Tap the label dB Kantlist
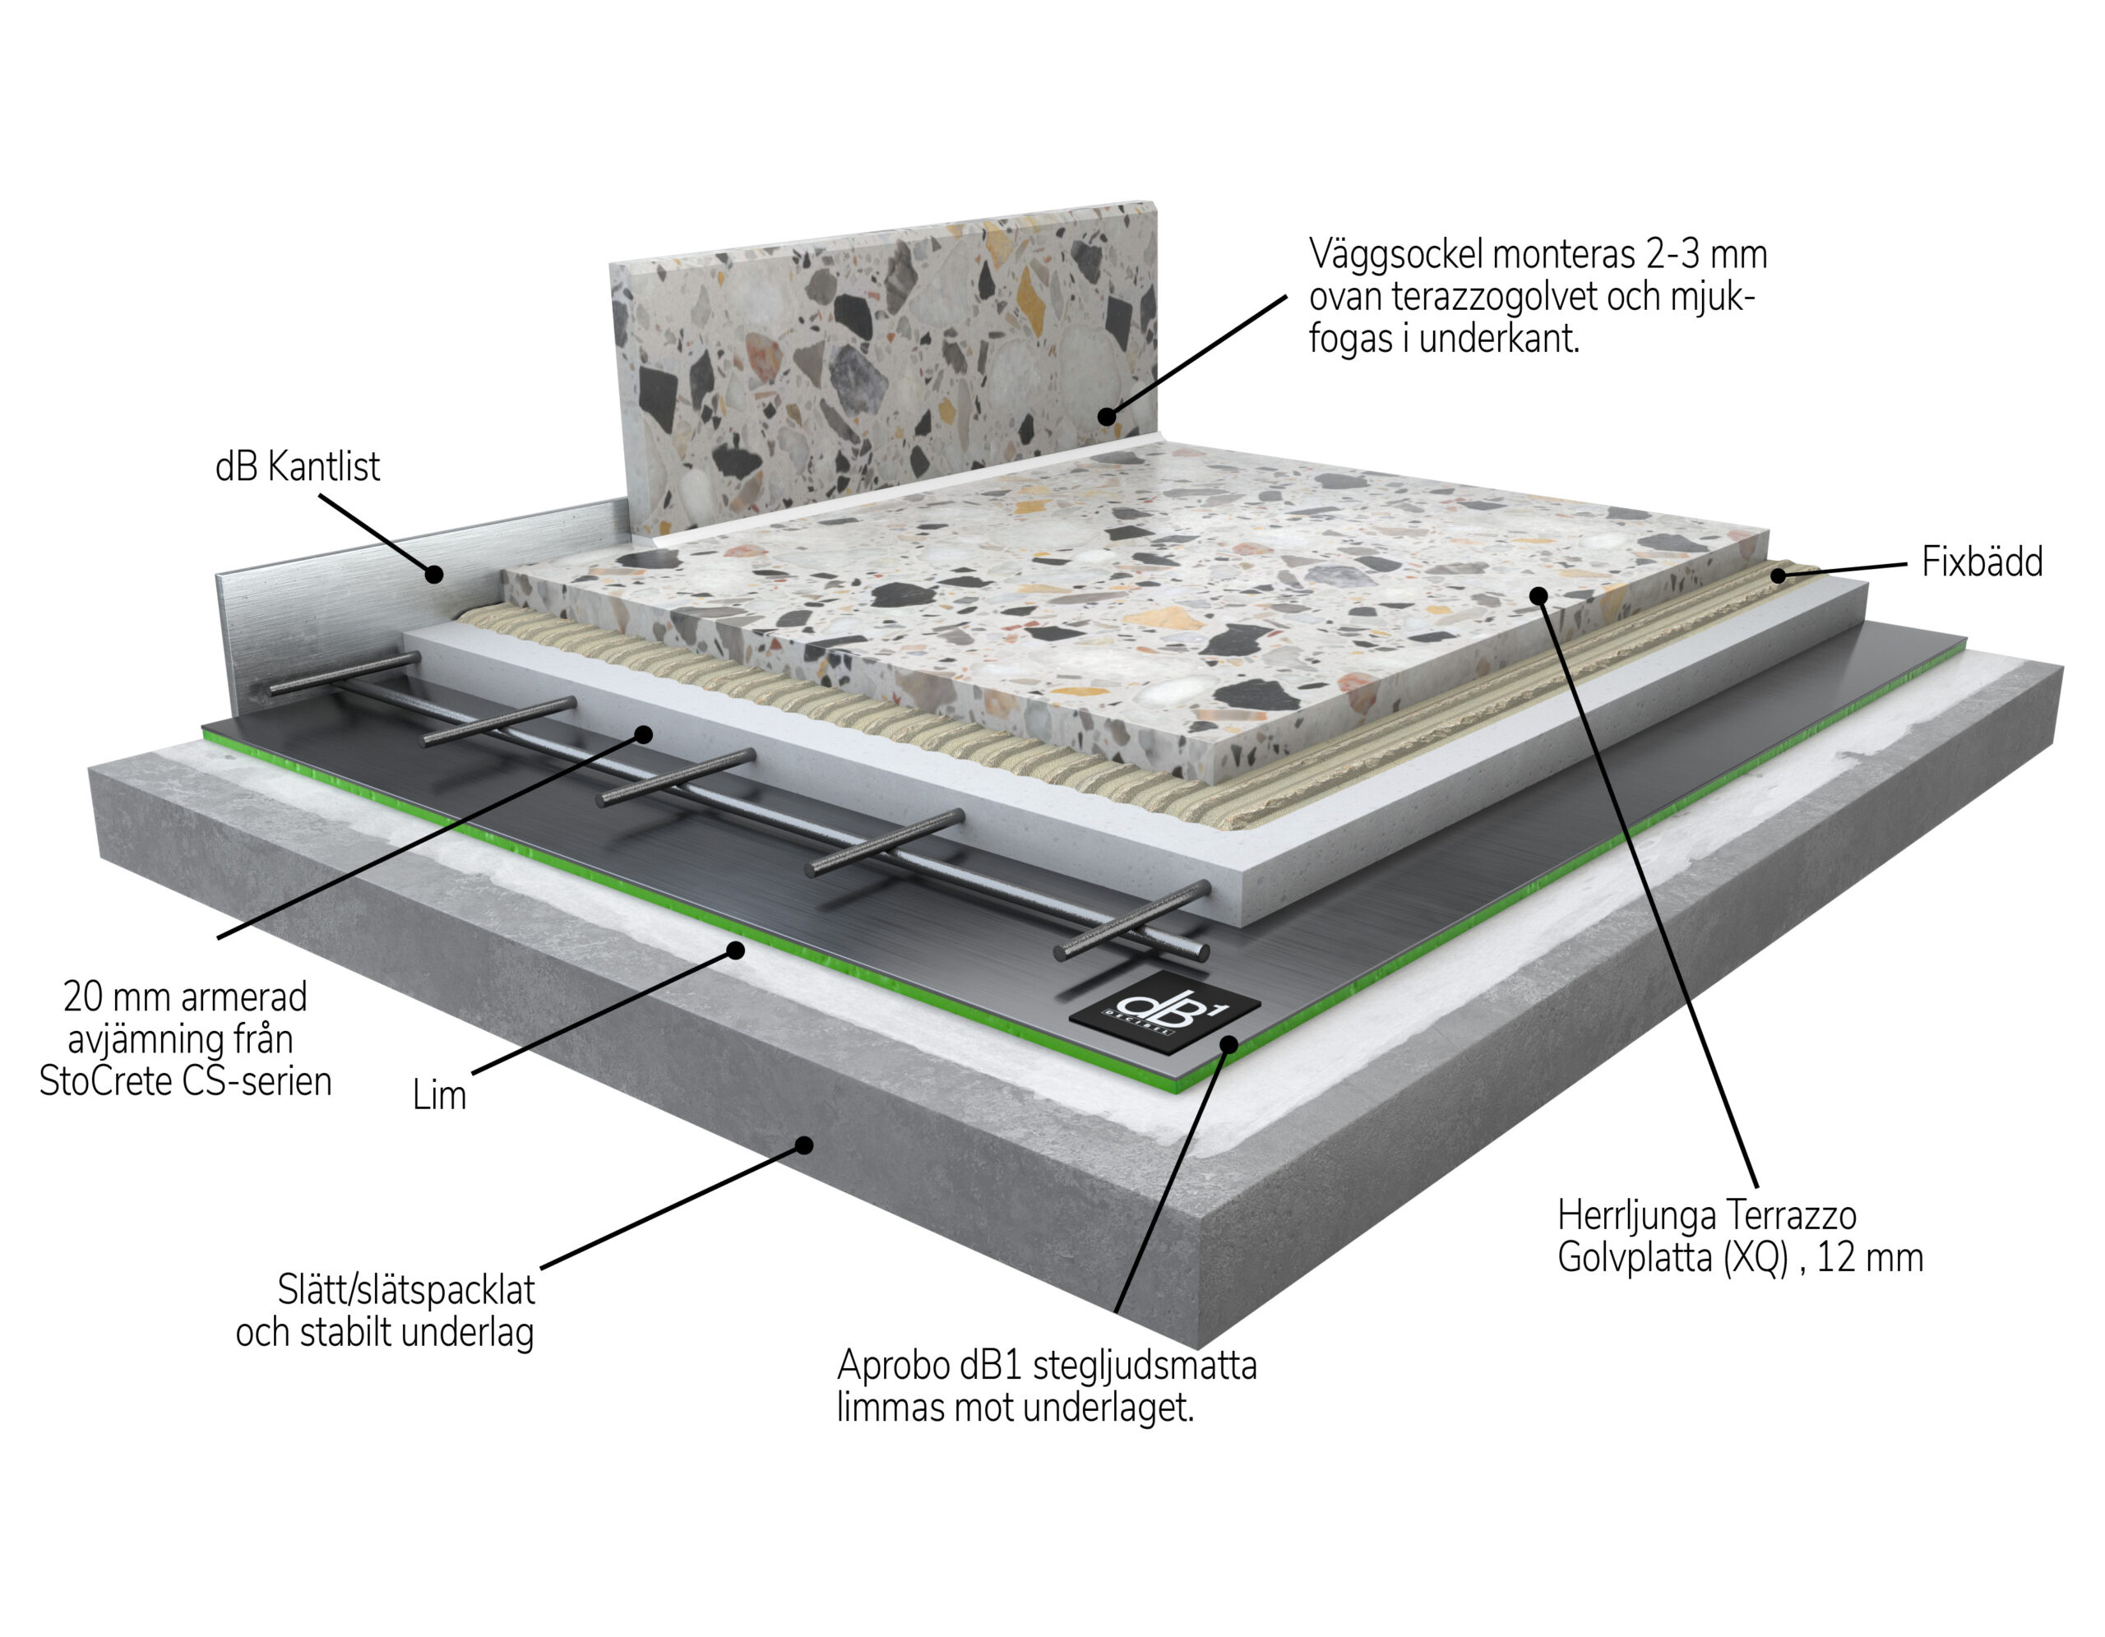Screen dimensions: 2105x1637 [x=297, y=467]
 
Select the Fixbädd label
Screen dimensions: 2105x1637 [x=1982, y=562]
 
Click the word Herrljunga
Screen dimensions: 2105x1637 [x=1639, y=1216]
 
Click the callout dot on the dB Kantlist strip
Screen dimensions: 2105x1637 [x=435, y=574]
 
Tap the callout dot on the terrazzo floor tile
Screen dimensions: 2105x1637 [x=1538, y=595]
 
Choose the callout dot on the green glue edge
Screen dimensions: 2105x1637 [x=735, y=950]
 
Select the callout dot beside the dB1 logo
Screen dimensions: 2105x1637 [x=1229, y=1043]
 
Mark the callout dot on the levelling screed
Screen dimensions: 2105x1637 [x=643, y=734]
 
